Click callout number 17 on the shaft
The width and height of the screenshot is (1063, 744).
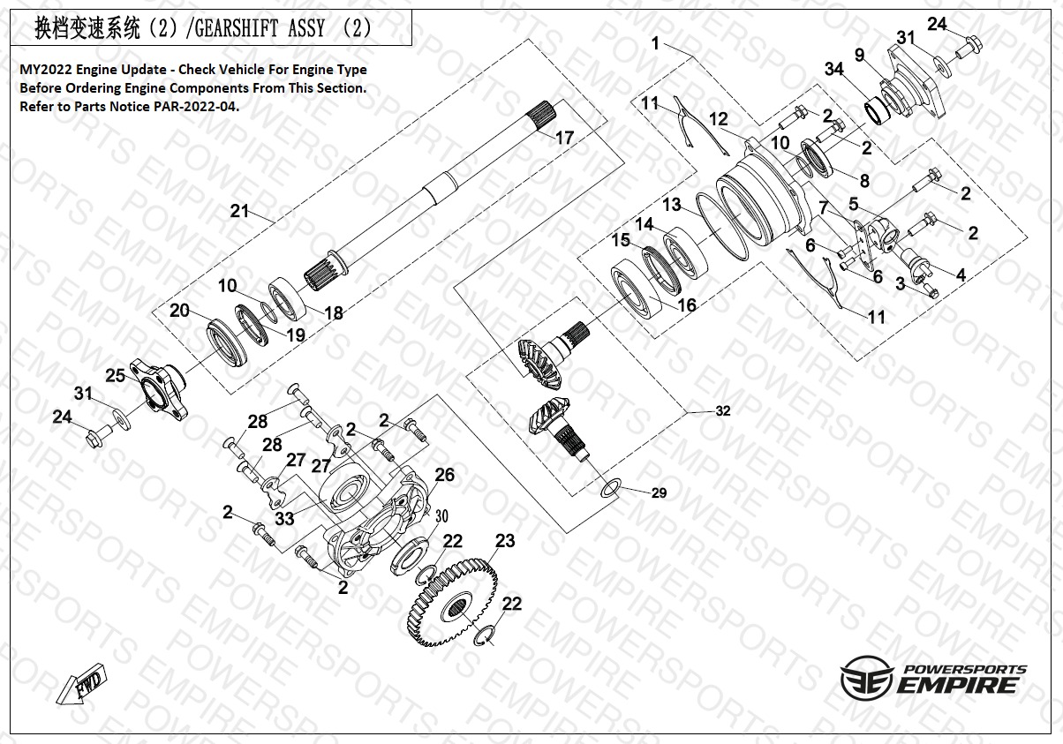[x=564, y=138]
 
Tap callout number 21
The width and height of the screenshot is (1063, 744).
[x=240, y=211]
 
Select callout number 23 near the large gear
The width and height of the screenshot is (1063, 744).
[x=504, y=540]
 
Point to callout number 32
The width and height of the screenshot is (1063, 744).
[x=723, y=410]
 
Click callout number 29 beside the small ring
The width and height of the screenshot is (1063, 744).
[x=659, y=492]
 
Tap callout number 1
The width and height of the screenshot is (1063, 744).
[x=656, y=42]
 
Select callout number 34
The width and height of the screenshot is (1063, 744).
[x=833, y=70]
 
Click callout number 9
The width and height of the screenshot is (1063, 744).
[x=859, y=55]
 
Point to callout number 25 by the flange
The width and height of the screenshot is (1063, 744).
[x=116, y=375]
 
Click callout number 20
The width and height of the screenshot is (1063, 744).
[x=179, y=310]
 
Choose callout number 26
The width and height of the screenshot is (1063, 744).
[x=444, y=475]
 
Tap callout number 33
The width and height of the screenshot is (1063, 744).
[x=284, y=519]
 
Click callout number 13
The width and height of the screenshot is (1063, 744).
[x=672, y=205]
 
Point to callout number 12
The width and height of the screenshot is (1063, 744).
[x=718, y=118]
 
